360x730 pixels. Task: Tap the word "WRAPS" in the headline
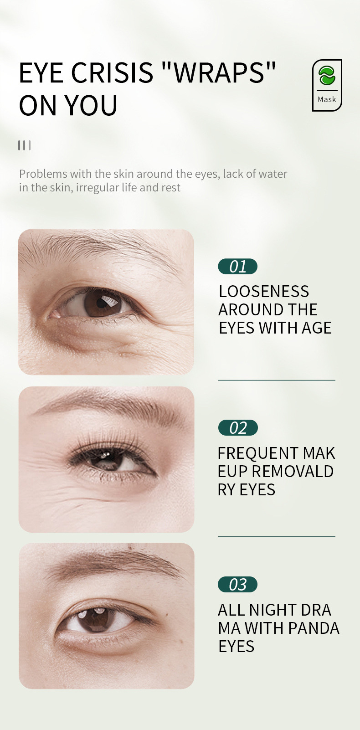click(219, 73)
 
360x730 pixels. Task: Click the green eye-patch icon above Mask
click(327, 76)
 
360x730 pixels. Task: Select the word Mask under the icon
click(327, 99)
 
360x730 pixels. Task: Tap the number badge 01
click(237, 267)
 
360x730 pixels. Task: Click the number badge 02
click(238, 428)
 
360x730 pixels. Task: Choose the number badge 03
click(237, 585)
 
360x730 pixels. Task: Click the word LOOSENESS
click(264, 292)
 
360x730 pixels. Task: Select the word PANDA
click(314, 628)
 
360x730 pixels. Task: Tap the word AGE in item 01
click(316, 328)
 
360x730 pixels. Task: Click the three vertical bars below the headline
click(24, 145)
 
